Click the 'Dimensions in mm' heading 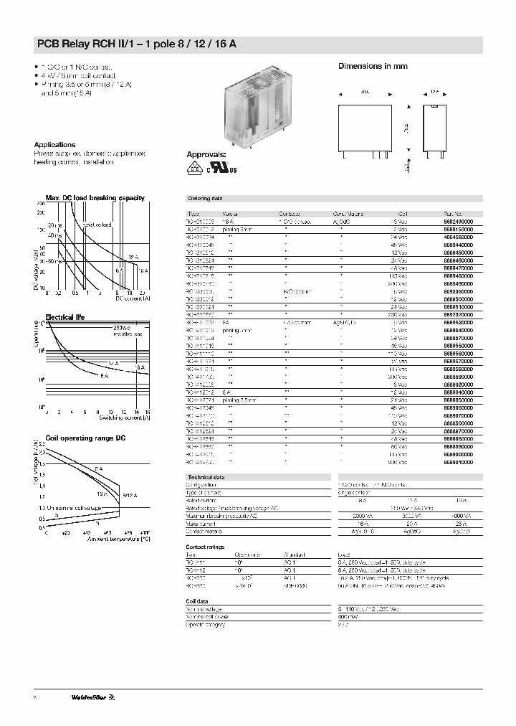[x=373, y=66]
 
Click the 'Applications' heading [x=54, y=144]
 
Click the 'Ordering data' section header [x=205, y=198]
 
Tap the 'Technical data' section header [x=206, y=477]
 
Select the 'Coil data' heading [x=198, y=602]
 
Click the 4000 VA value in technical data [x=459, y=516]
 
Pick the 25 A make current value [x=459, y=524]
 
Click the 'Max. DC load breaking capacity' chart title [x=95, y=198]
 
